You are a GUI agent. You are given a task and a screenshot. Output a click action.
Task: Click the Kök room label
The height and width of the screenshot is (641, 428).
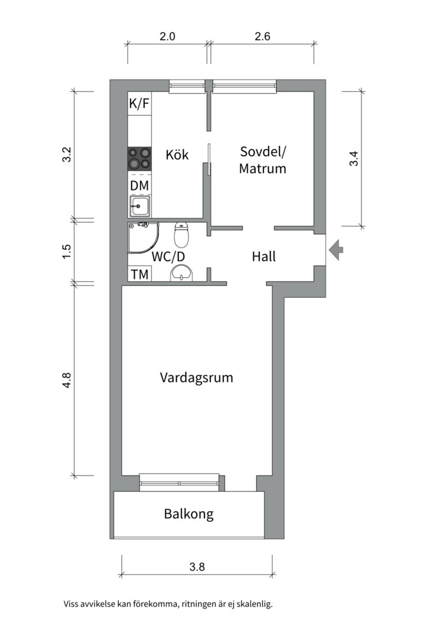click(x=177, y=155)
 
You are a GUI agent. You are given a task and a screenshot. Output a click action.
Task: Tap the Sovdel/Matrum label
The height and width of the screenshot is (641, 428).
click(x=263, y=160)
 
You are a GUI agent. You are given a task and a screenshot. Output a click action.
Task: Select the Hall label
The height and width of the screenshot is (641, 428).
click(x=264, y=257)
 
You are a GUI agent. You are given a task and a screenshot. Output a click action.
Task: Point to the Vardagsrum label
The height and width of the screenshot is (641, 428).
click(x=196, y=377)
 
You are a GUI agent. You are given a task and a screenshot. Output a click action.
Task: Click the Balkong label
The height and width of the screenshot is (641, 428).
click(x=188, y=514)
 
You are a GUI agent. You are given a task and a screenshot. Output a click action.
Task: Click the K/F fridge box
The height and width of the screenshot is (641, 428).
click(x=139, y=104)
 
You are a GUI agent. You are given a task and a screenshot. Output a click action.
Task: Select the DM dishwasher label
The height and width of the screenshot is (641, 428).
click(x=139, y=186)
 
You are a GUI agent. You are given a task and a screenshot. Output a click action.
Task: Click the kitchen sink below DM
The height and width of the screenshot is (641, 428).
click(x=140, y=207)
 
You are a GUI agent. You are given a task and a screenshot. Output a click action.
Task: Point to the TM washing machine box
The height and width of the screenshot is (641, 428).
click(x=139, y=274)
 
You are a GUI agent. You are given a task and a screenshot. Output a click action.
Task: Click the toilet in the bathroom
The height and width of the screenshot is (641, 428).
click(x=181, y=235)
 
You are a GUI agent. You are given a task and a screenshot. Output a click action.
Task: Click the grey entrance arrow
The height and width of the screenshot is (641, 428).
click(x=336, y=249)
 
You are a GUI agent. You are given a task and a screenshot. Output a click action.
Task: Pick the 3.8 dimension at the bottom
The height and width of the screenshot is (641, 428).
click(x=197, y=566)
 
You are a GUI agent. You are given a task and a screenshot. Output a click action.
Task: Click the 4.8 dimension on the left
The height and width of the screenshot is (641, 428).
click(x=67, y=380)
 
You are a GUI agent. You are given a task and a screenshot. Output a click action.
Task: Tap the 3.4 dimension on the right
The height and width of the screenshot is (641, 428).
click(x=354, y=158)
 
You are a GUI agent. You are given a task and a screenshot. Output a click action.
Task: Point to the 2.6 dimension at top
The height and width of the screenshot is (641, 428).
click(x=262, y=36)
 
